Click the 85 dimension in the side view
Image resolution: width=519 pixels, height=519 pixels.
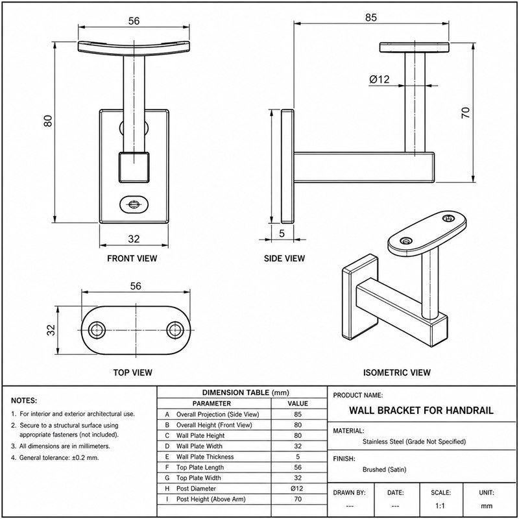tap(371, 18)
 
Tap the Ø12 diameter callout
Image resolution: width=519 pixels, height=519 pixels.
tap(380, 79)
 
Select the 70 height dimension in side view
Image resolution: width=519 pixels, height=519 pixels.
tap(465, 113)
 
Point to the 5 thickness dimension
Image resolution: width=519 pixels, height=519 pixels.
tap(282, 234)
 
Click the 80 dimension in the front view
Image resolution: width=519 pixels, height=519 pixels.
tap(47, 121)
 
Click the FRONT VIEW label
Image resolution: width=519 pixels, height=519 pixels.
tap(132, 258)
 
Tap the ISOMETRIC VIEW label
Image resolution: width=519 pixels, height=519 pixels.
tap(397, 372)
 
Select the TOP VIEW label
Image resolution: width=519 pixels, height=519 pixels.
tap(133, 372)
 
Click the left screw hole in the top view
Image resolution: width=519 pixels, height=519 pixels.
tap(97, 330)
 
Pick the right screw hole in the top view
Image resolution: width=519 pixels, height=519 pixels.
tap(175, 330)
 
